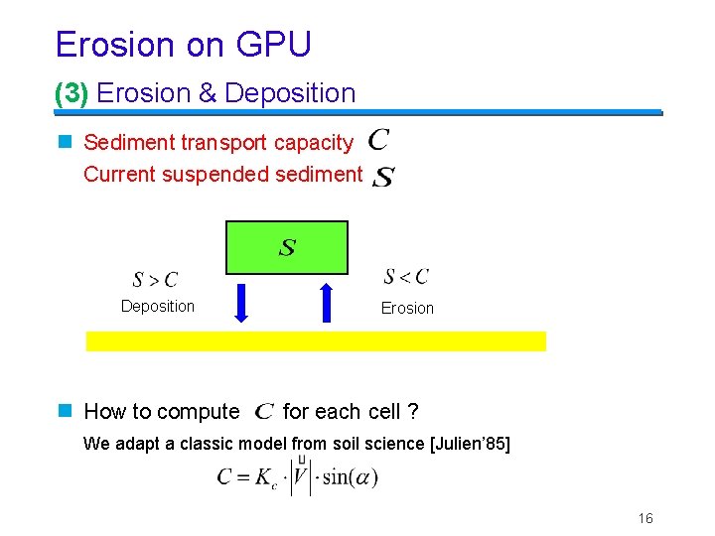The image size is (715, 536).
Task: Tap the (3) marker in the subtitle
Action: (71, 93)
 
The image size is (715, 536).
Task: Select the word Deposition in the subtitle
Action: (290, 93)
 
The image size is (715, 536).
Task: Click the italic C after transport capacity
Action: (377, 141)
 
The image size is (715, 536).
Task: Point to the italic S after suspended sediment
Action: (383, 178)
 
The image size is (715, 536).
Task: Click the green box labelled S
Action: (287, 247)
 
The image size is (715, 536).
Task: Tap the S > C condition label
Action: (155, 280)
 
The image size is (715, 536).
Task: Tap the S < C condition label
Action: (406, 276)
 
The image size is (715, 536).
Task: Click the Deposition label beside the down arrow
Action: (158, 306)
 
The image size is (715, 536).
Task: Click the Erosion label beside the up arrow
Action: (407, 308)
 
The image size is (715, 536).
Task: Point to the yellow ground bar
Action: (316, 340)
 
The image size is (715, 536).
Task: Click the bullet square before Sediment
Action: (66, 142)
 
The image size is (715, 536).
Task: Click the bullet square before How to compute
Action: (66, 411)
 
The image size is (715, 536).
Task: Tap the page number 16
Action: (645, 518)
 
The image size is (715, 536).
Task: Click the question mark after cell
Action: (412, 411)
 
